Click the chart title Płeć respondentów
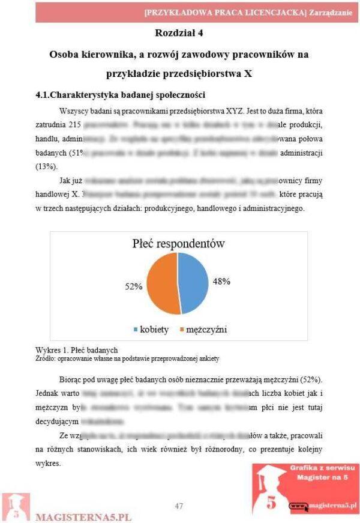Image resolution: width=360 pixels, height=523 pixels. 178,243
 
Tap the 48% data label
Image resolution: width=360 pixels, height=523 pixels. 221,280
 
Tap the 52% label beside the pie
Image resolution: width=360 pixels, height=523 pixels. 133,286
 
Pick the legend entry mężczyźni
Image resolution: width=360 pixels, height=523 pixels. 202,330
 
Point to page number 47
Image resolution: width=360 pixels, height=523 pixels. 179,506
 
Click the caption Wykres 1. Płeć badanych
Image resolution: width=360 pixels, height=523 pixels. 77,350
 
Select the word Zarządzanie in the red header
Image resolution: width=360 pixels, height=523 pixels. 331,11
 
